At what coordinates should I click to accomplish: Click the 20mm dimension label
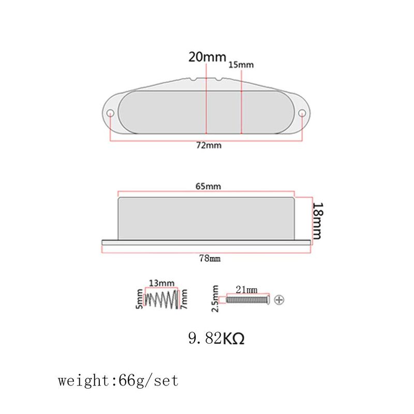click(208, 57)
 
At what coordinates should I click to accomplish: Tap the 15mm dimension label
click(241, 65)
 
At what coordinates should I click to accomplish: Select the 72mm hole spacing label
click(209, 145)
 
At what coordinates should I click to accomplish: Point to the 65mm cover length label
click(208, 186)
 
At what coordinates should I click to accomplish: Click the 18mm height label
click(318, 221)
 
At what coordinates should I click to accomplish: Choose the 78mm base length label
click(210, 258)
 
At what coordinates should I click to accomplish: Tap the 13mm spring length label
click(161, 283)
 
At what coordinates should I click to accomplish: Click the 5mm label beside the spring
click(139, 299)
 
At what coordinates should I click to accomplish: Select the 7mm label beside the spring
click(184, 299)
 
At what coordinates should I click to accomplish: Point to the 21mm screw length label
click(247, 290)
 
